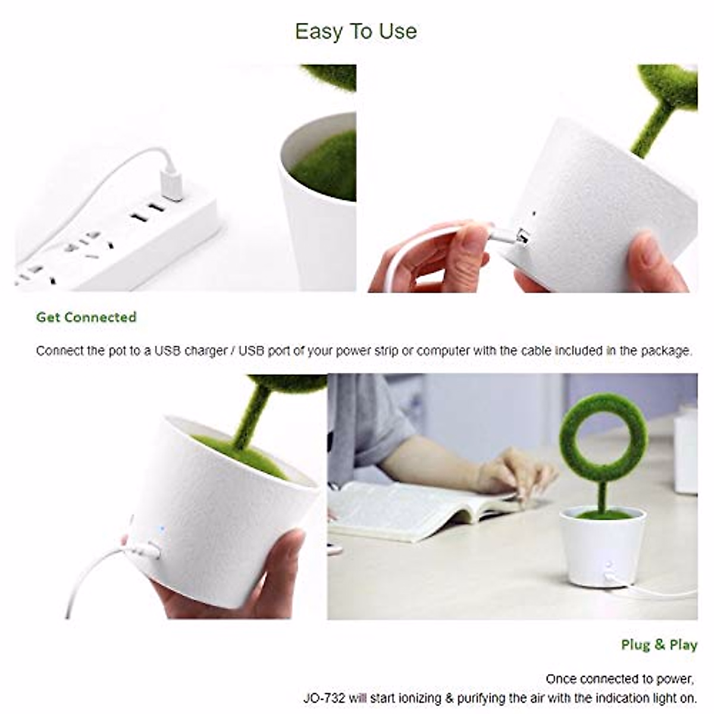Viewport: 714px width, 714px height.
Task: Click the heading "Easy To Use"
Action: pyautogui.click(x=356, y=31)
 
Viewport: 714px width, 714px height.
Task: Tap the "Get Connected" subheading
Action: pyautogui.click(x=86, y=317)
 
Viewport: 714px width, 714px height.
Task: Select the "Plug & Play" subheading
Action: pyautogui.click(x=659, y=645)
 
